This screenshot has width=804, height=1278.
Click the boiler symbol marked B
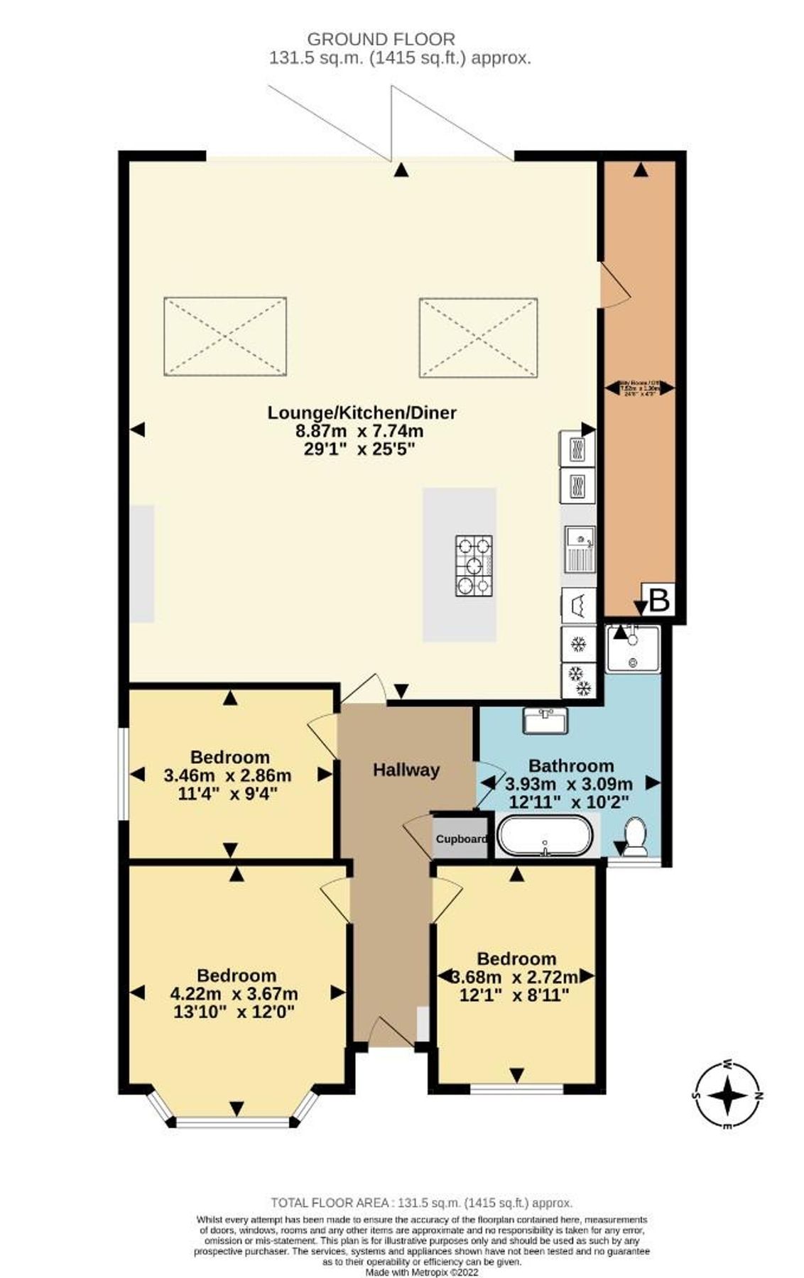(658, 600)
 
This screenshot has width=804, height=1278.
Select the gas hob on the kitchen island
(473, 564)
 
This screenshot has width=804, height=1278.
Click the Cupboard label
(461, 839)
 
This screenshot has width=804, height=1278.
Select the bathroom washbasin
(545, 721)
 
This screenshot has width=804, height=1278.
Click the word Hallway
(406, 770)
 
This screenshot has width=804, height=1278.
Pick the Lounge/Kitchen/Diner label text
(362, 412)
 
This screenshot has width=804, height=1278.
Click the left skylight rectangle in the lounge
(225, 337)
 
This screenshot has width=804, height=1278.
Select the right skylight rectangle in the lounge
(478, 337)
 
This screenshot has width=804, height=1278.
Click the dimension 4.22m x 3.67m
(237, 993)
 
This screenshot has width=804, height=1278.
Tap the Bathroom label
(571, 765)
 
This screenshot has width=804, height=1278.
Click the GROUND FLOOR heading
(381, 40)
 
